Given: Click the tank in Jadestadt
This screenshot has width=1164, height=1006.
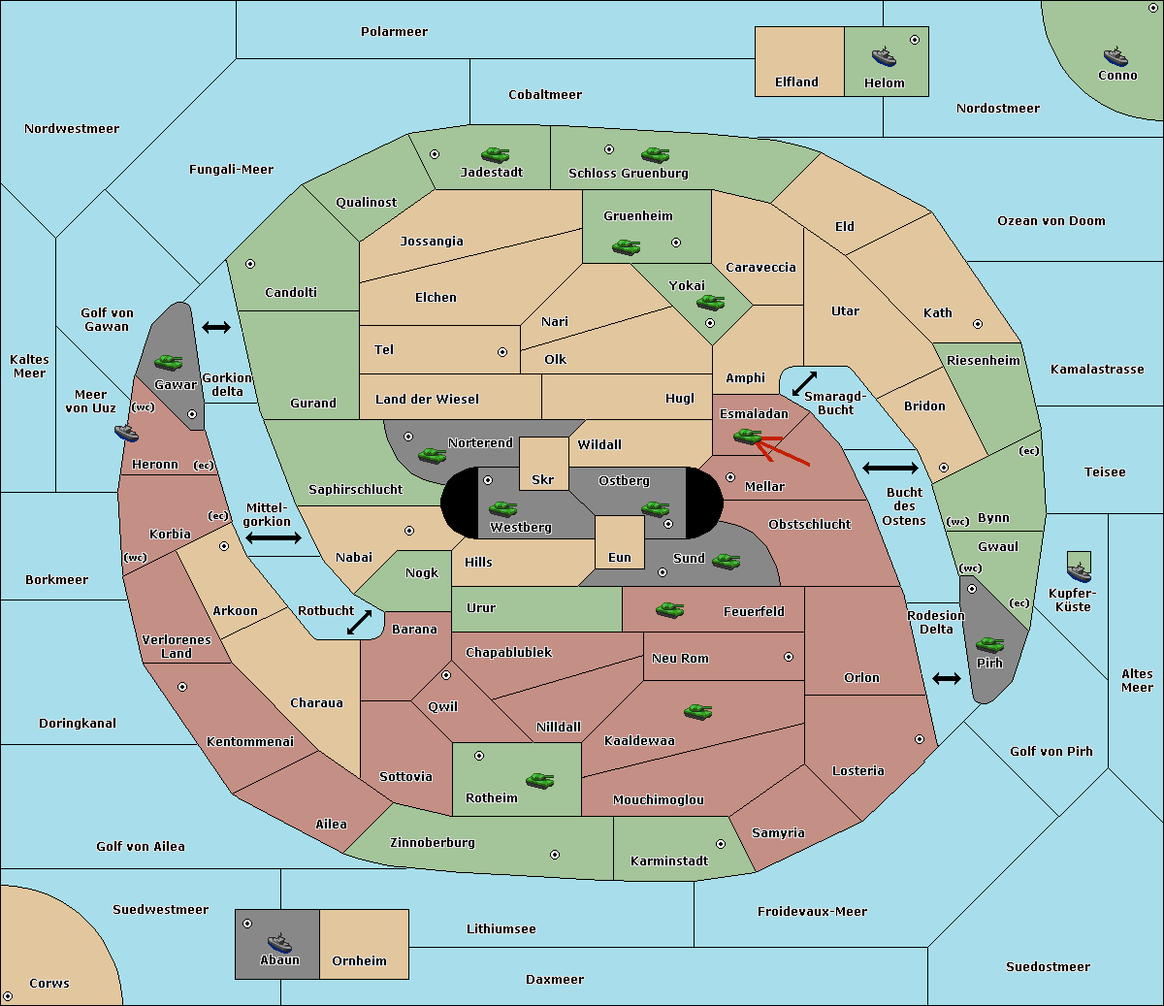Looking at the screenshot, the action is click(x=495, y=154).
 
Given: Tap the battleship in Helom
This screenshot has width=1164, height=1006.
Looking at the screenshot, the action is click(x=884, y=56).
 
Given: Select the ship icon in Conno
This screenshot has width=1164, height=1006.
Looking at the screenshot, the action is click(x=1115, y=56).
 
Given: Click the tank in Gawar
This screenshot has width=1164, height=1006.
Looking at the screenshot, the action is click(x=169, y=362).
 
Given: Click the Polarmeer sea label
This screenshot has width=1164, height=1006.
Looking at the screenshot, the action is click(x=394, y=32).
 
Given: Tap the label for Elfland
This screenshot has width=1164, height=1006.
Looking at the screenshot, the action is click(x=796, y=82).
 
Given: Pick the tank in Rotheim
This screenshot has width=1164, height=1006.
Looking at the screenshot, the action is click(x=539, y=780).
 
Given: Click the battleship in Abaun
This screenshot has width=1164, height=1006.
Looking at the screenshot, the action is click(x=280, y=942).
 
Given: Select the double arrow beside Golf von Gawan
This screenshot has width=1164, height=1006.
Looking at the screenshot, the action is click(x=216, y=327).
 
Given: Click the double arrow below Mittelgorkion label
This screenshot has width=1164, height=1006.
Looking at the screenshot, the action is click(x=274, y=537).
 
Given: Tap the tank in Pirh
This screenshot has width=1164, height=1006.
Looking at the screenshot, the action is click(x=989, y=644).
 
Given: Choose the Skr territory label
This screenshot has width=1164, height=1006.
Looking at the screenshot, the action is click(x=543, y=479).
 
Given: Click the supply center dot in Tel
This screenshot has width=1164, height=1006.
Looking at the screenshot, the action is click(x=502, y=352).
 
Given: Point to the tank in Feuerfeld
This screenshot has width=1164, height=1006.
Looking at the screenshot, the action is click(x=669, y=610).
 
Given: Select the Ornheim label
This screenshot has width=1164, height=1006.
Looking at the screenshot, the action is click(x=359, y=960).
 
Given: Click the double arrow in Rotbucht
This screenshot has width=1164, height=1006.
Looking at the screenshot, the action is click(x=359, y=622).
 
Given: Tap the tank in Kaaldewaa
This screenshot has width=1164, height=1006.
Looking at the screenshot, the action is click(x=697, y=711).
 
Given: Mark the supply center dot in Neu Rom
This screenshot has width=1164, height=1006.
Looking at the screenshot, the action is click(x=789, y=657).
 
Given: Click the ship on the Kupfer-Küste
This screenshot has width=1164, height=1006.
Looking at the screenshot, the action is click(x=1079, y=571).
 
